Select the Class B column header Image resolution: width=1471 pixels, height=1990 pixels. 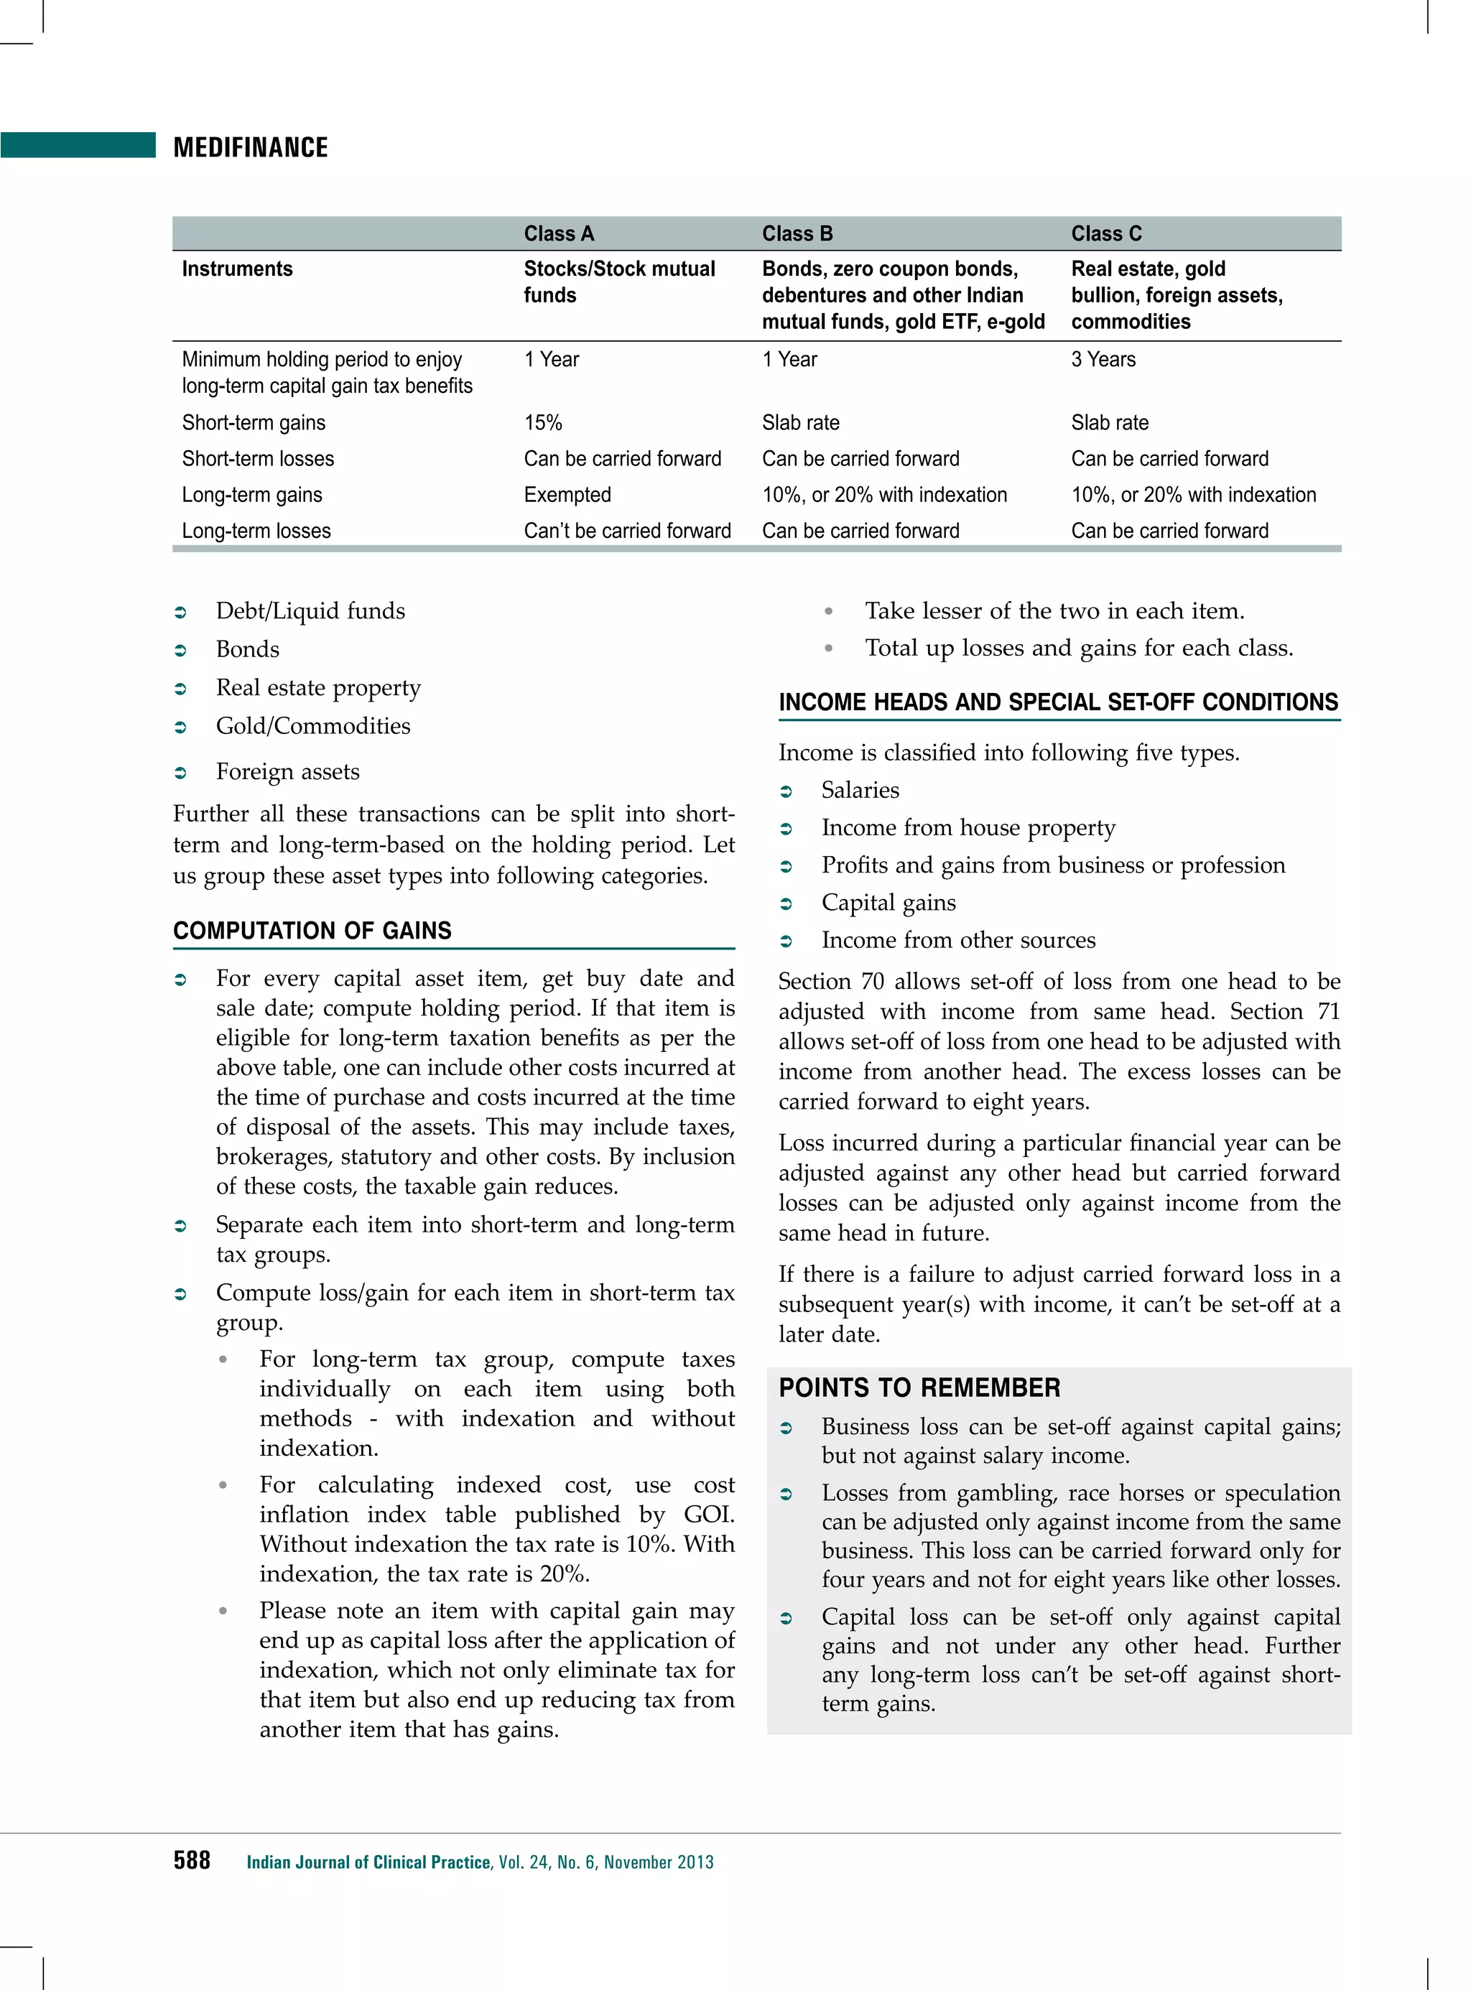pyautogui.click(x=797, y=233)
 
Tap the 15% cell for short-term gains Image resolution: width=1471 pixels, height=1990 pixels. pyautogui.click(x=542, y=422)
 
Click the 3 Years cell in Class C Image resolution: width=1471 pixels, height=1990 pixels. pyautogui.click(x=1103, y=359)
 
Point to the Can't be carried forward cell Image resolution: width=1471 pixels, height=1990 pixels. pyautogui.click(x=627, y=531)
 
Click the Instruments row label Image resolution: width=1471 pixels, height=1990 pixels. pyautogui.click(x=237, y=269)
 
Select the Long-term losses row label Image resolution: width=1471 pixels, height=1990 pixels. pyautogui.click(x=256, y=531)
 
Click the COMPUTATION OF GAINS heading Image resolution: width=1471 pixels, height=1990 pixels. pyautogui.click(x=312, y=931)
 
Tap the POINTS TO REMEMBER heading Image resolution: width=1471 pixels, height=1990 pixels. pyautogui.click(x=919, y=1387)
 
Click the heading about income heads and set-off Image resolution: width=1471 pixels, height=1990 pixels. pyautogui.click(x=1058, y=702)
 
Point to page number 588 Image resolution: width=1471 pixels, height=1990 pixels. pyautogui.click(x=192, y=1860)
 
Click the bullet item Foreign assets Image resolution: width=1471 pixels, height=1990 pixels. pyautogui.click(x=287, y=771)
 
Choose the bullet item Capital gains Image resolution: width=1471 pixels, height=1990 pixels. pyautogui.click(x=888, y=902)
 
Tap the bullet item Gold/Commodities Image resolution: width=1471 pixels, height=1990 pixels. pyautogui.click(x=312, y=725)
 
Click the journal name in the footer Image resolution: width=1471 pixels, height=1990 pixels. pyautogui.click(x=368, y=1861)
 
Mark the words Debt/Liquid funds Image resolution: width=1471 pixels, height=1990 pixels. pyautogui.click(x=310, y=611)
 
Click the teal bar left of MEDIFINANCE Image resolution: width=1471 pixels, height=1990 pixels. pyautogui.click(x=78, y=145)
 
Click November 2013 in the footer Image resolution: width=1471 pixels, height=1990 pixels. pyautogui.click(x=658, y=1861)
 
